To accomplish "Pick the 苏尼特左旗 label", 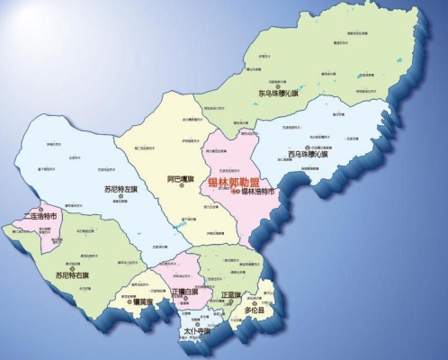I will coord(121,190).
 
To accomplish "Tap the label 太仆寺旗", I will coord(197,332).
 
